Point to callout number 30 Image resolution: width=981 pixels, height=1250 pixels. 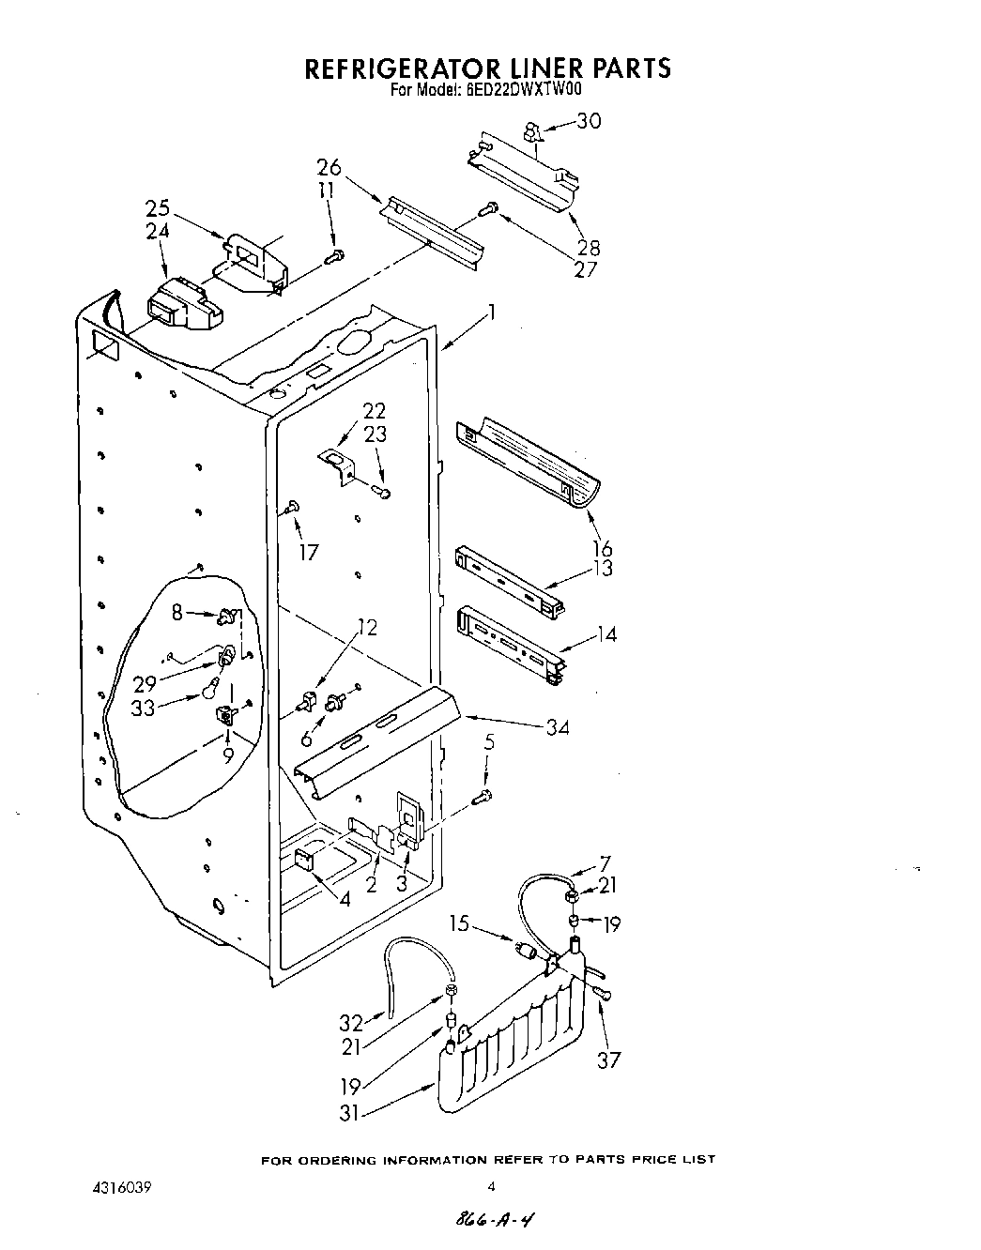(x=589, y=121)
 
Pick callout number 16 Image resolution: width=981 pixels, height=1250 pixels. (x=602, y=548)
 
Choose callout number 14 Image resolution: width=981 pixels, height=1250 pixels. (x=606, y=634)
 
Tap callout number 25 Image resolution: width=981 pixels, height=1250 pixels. (x=157, y=207)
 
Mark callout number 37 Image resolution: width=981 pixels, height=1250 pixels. (x=610, y=1059)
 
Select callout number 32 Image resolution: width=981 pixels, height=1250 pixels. (x=351, y=1022)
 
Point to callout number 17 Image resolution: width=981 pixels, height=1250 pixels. (x=308, y=552)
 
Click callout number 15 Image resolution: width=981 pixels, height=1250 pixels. (x=458, y=923)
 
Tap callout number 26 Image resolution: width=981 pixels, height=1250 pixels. (x=329, y=167)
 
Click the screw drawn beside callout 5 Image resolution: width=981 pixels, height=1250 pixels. (x=484, y=797)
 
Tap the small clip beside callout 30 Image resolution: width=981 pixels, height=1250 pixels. (x=531, y=130)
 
